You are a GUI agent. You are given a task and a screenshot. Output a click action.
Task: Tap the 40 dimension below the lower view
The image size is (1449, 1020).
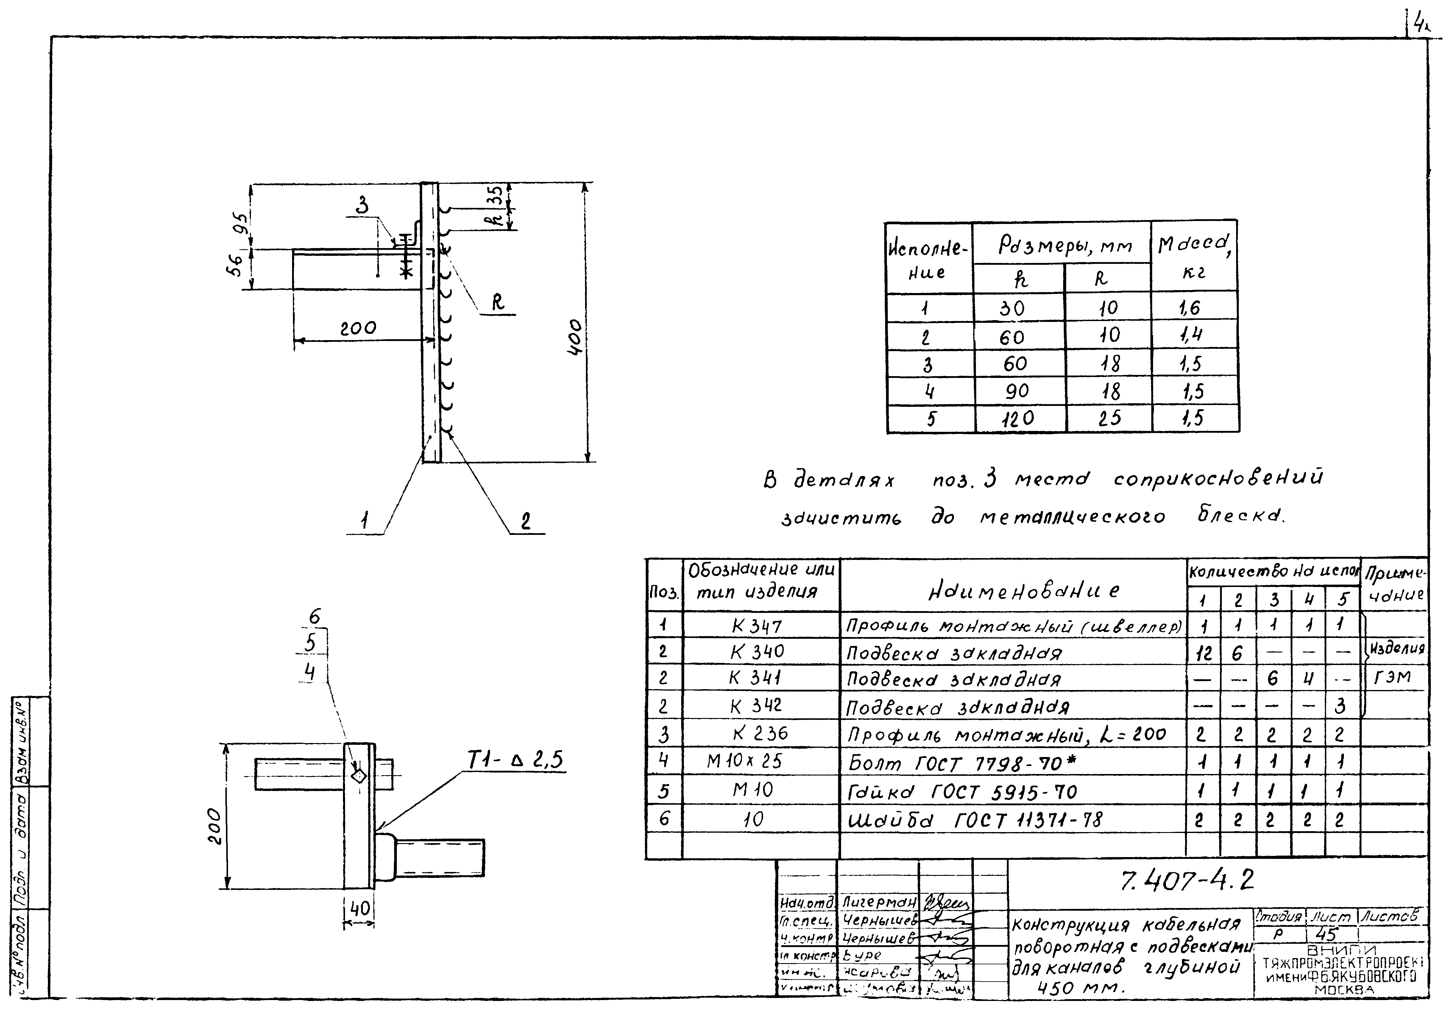(359, 909)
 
